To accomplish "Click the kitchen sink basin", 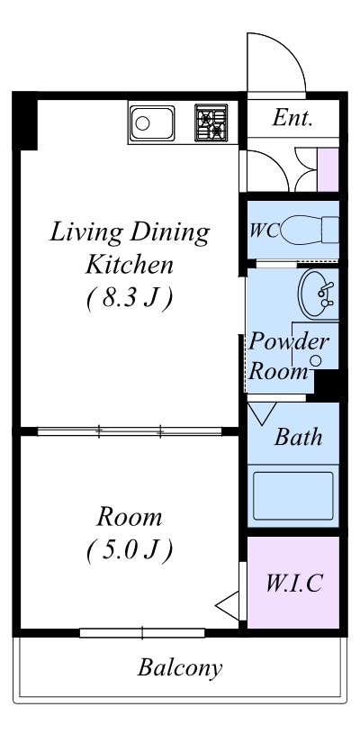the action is (152, 122).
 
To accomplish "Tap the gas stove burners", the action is (211, 122).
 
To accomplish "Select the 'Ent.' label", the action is (292, 117).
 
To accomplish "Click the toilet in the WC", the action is (310, 230).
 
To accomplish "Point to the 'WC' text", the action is (265, 231).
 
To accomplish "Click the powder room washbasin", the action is (318, 294).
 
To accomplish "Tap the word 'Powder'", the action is (289, 342).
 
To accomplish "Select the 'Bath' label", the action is (298, 437).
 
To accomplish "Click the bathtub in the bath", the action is (293, 495).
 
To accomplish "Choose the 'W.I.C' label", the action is (294, 583).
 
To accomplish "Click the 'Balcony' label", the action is (180, 668).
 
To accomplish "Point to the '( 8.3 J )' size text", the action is (130, 299).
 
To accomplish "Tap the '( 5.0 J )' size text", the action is (130, 549).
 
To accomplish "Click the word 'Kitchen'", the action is (130, 265).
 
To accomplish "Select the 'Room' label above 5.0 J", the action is (130, 517).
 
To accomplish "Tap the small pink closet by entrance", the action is (328, 169).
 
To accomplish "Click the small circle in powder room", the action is (317, 360).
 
